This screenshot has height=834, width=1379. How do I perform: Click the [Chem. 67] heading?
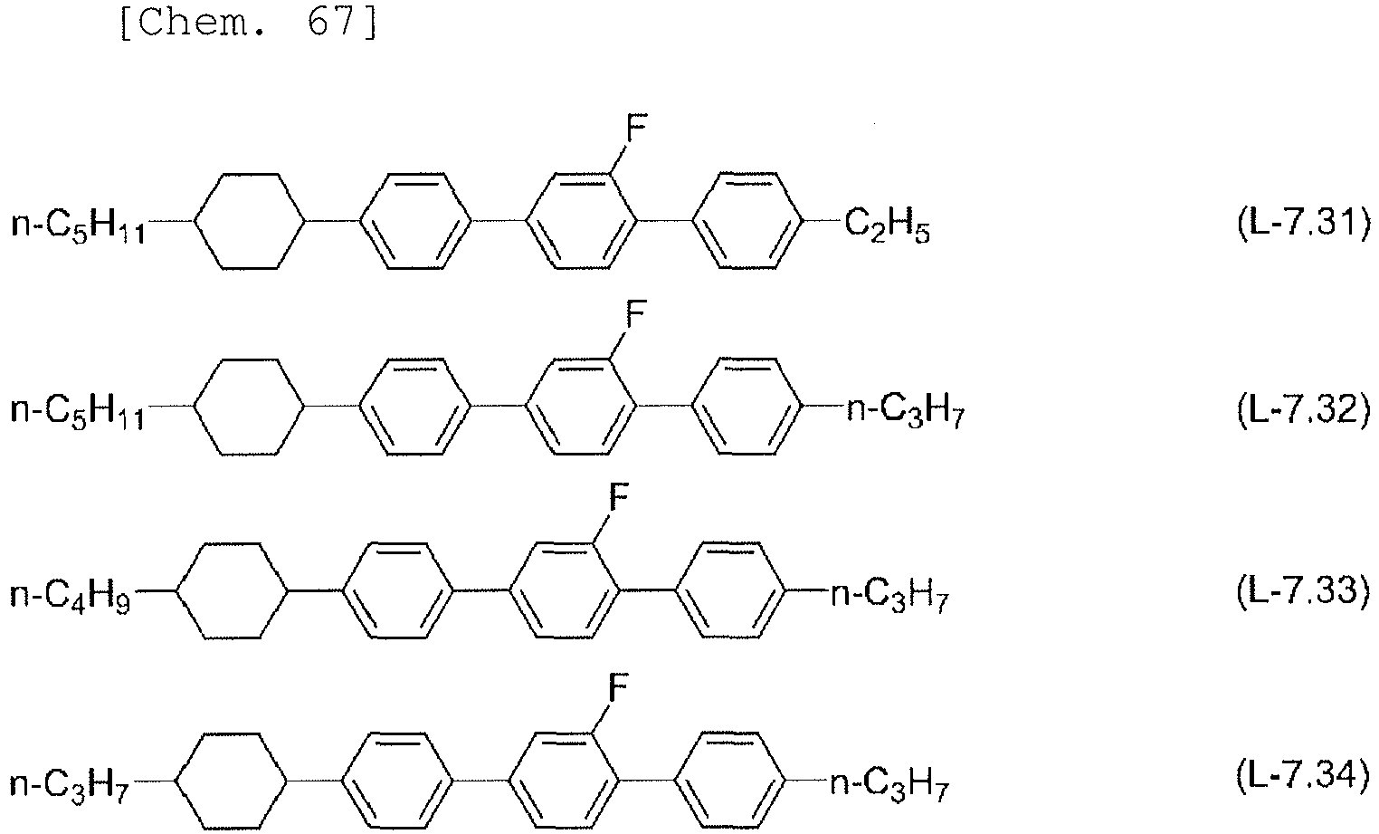(x=248, y=23)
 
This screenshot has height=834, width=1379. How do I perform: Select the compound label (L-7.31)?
(x=1304, y=223)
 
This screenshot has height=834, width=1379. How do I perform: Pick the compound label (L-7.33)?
(x=1304, y=591)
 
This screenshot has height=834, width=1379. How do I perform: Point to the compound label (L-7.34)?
(x=1304, y=775)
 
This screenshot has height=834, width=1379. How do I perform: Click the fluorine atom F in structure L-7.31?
(x=636, y=128)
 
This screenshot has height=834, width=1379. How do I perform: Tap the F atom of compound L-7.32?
(x=636, y=314)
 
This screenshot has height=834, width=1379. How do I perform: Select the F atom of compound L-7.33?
(x=619, y=497)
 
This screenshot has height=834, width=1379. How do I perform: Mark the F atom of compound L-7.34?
(x=619, y=687)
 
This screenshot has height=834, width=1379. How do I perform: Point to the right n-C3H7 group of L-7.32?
(x=906, y=411)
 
